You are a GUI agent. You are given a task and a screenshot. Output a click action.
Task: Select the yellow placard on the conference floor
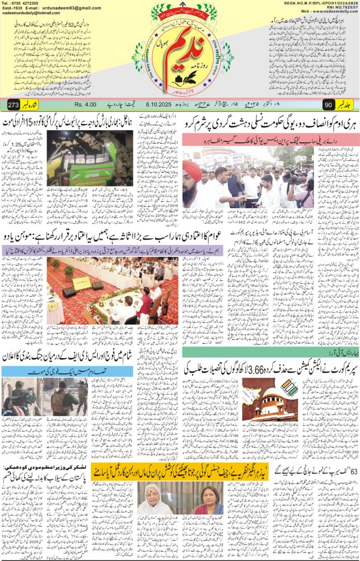click(x=81, y=283)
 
